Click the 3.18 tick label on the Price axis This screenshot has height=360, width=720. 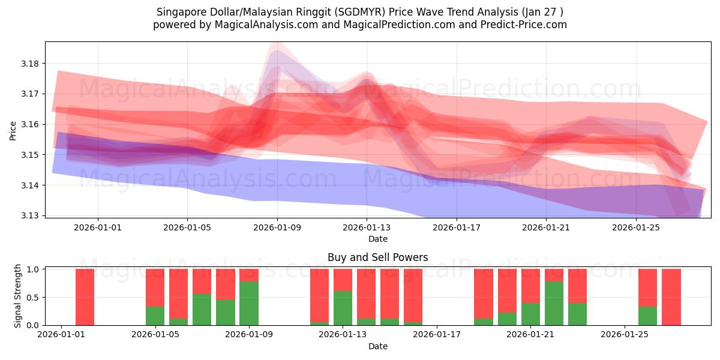(29, 64)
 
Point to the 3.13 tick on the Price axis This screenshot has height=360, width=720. (29, 215)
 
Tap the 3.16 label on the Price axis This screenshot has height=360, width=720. (29, 124)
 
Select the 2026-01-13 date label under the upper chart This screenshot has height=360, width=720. (367, 227)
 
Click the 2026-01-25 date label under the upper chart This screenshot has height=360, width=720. (635, 227)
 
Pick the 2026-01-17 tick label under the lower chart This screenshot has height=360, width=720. (437, 335)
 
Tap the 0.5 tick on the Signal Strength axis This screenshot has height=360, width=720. (33, 297)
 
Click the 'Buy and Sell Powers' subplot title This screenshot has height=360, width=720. (377, 257)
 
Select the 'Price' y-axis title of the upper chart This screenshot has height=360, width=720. (13, 130)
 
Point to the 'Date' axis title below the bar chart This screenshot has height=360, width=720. (377, 346)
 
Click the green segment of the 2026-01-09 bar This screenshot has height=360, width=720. (249, 303)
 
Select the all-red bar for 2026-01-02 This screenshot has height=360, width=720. (85, 297)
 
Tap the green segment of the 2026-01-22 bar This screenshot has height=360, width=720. (554, 303)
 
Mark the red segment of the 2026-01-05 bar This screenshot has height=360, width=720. (155, 287)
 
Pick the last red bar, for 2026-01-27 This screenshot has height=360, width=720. (671, 297)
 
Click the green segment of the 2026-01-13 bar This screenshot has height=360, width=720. (343, 308)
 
